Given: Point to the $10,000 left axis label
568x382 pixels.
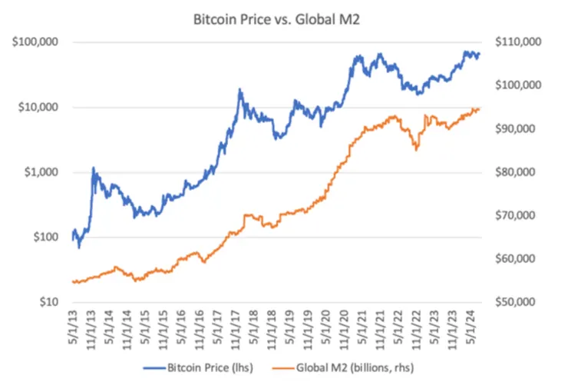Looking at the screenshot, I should point(36,107).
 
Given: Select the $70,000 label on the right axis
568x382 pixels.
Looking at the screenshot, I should point(522,216).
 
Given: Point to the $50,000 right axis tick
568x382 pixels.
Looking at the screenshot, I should point(522,303).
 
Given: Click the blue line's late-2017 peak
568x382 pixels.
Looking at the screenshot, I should point(240,90).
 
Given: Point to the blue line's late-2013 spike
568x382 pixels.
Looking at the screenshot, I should point(93,168).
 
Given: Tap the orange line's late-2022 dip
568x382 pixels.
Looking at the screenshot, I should point(416,149).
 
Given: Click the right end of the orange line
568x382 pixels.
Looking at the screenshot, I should point(480,109).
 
